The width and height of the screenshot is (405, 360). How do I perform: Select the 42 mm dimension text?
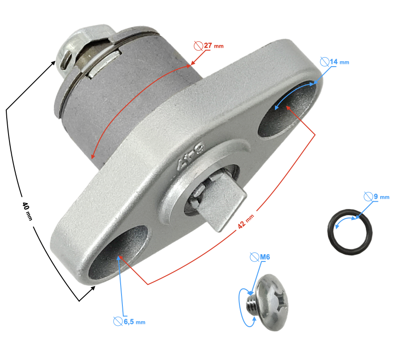click(246, 221)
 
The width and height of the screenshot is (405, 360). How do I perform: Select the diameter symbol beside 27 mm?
click(198, 45)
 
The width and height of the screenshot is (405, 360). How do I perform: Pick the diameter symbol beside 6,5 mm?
click(117, 321)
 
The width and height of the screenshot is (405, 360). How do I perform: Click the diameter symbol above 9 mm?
click(368, 196)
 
